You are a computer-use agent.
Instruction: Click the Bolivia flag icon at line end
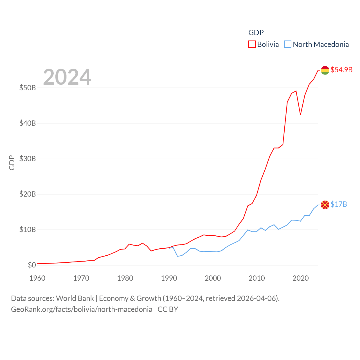click(325, 70)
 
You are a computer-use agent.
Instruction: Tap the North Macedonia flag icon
click(325, 205)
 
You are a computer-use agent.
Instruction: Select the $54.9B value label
click(341, 70)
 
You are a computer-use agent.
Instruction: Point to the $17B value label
click(339, 204)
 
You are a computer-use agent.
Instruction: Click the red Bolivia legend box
click(252, 44)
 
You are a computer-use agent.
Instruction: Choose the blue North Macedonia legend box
click(287, 44)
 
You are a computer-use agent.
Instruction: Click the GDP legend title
click(256, 33)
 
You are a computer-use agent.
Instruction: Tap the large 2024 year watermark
click(67, 77)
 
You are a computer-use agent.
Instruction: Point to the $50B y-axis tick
click(28, 88)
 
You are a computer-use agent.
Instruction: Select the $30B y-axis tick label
click(28, 159)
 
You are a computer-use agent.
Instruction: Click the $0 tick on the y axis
click(32, 265)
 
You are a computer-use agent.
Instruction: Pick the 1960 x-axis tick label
click(37, 278)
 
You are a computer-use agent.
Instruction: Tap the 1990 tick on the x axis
click(169, 278)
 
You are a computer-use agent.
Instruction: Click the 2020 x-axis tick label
click(301, 278)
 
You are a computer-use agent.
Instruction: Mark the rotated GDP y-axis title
click(12, 163)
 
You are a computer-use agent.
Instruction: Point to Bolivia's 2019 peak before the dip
click(296, 91)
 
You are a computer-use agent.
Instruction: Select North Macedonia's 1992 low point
click(177, 256)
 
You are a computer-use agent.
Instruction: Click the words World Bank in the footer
click(75, 298)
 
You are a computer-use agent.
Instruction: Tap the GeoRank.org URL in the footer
click(82, 309)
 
